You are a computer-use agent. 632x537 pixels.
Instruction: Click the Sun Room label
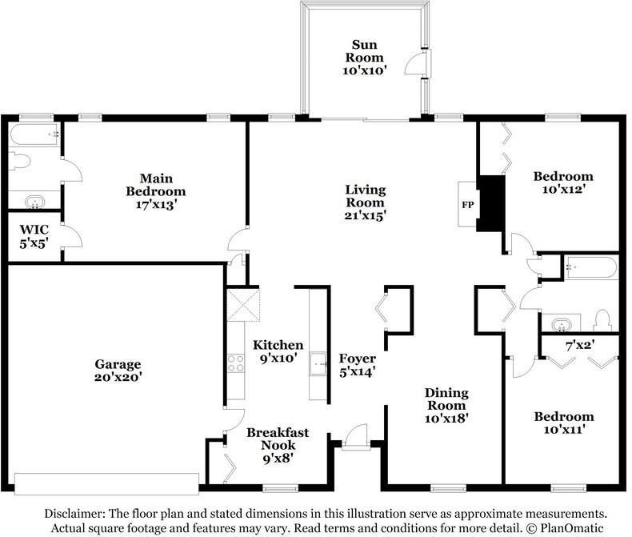[x=364, y=50]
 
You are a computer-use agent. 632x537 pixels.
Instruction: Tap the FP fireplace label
[x=467, y=205]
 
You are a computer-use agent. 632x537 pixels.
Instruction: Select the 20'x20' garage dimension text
[x=118, y=377]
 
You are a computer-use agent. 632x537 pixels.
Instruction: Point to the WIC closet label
[x=34, y=230]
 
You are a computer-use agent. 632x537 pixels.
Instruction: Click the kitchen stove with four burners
[x=236, y=363]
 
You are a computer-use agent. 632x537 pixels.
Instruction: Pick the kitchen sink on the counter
[x=318, y=363]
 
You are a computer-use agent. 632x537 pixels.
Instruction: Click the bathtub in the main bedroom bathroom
[x=34, y=134]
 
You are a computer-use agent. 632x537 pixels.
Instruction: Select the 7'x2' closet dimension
[x=581, y=345]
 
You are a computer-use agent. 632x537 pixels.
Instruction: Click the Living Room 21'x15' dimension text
[x=366, y=215]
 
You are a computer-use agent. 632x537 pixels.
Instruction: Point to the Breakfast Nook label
[x=278, y=439]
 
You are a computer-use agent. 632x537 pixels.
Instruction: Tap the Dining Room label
[x=446, y=399]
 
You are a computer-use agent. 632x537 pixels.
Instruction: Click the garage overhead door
[x=107, y=483]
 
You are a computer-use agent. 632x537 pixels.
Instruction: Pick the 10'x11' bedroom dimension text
[x=564, y=429]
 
